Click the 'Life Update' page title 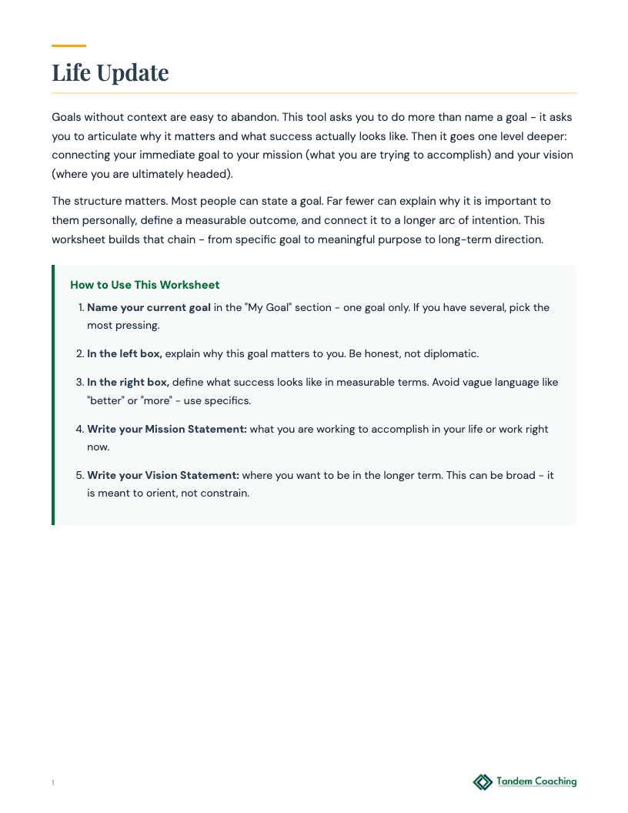[110, 72]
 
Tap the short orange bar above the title [68, 45]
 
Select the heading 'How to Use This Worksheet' [145, 285]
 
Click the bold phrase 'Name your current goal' [149, 307]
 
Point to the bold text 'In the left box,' [124, 353]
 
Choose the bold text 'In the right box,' [128, 382]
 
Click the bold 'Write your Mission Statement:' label [167, 429]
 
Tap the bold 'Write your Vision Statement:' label [163, 475]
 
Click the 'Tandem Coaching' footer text [536, 781]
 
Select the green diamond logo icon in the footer [483, 782]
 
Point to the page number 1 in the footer [53, 783]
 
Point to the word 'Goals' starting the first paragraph [66, 117]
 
